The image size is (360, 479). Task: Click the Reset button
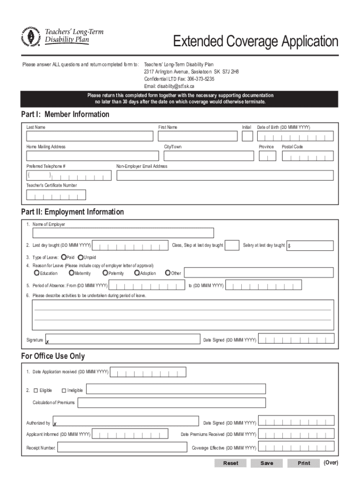pyautogui.click(x=230, y=463)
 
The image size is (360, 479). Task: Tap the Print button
pyautogui.click(x=304, y=463)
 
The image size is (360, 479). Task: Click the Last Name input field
pyautogui.click(x=90, y=136)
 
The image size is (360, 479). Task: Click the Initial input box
pyautogui.click(x=247, y=136)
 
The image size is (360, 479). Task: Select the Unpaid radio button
pyautogui.click(x=80, y=257)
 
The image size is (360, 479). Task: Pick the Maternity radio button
pyautogui.click(x=71, y=273)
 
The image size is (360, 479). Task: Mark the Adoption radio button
pyautogui.click(x=137, y=273)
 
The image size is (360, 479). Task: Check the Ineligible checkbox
pyautogui.click(x=64, y=390)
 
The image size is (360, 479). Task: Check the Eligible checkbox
pyautogui.click(x=36, y=390)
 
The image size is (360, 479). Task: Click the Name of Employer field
pyautogui.click(x=123, y=233)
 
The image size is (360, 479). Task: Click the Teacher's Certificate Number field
pyautogui.click(x=56, y=195)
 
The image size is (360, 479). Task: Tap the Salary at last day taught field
pyautogui.click(x=310, y=246)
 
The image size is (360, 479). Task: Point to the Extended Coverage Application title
pyautogui.click(x=255, y=42)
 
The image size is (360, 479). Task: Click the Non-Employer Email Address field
pyautogui.click(x=224, y=175)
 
